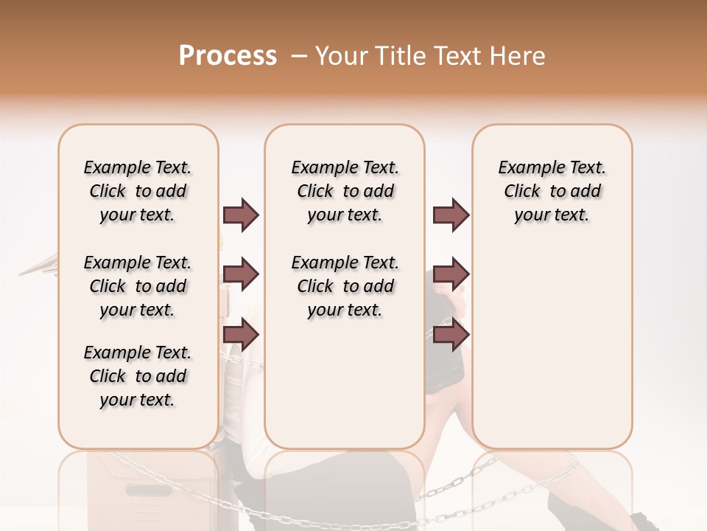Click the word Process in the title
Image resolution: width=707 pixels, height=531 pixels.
click(228, 56)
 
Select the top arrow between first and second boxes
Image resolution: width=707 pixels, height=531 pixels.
click(241, 215)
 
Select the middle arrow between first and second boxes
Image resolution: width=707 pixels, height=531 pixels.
click(241, 274)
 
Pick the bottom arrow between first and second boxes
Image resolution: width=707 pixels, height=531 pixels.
click(241, 334)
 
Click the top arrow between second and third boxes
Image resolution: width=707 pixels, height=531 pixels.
click(451, 215)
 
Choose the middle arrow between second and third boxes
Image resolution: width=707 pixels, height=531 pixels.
click(451, 274)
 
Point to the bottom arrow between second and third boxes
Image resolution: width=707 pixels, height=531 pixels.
click(451, 334)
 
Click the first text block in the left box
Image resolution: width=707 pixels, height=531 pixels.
click(138, 191)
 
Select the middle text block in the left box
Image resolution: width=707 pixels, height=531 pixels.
click(138, 286)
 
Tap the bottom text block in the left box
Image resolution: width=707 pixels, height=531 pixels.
click(138, 376)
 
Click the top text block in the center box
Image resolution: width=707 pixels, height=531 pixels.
click(345, 191)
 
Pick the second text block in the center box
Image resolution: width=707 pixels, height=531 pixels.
click(345, 286)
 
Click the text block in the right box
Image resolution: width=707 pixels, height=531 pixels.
click(552, 191)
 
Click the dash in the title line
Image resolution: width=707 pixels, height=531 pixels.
click(298, 56)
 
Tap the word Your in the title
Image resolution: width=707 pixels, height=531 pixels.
click(341, 56)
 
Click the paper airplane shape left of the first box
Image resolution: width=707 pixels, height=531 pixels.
click(41, 265)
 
